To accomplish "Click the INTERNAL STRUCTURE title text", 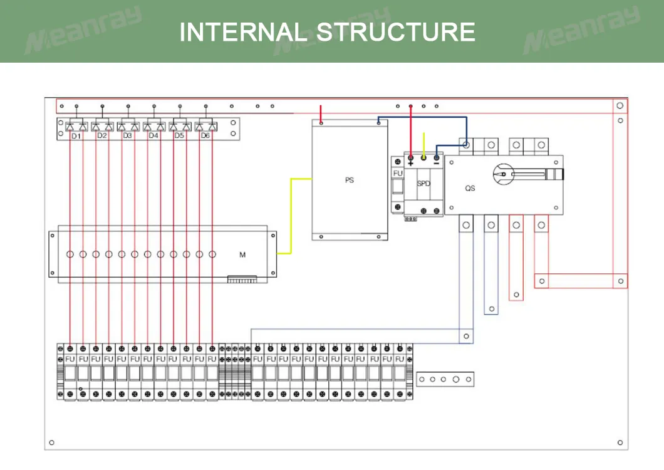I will pyautogui.click(x=327, y=31).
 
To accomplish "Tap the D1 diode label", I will pyautogui.click(x=76, y=135).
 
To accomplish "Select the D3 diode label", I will pyautogui.click(x=127, y=135).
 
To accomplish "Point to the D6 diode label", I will pyautogui.click(x=205, y=135).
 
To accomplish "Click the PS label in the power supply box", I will pyautogui.click(x=350, y=180).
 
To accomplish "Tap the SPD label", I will pyautogui.click(x=424, y=184).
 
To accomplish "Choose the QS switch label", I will pyautogui.click(x=470, y=188).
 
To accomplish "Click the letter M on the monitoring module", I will pyautogui.click(x=242, y=255).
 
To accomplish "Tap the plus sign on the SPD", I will pyautogui.click(x=411, y=164).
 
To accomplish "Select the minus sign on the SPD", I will pyautogui.click(x=437, y=164).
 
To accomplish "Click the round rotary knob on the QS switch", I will pyautogui.click(x=502, y=174).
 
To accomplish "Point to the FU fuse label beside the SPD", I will pyautogui.click(x=398, y=173).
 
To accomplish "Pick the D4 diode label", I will pyautogui.click(x=153, y=135).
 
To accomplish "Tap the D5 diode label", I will pyautogui.click(x=179, y=135).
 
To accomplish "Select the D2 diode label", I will pyautogui.click(x=101, y=135).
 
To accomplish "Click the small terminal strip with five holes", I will pyautogui.click(x=445, y=379).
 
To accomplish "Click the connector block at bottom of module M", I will pyautogui.click(x=242, y=279).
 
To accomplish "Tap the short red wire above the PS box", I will pyautogui.click(x=321, y=114).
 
